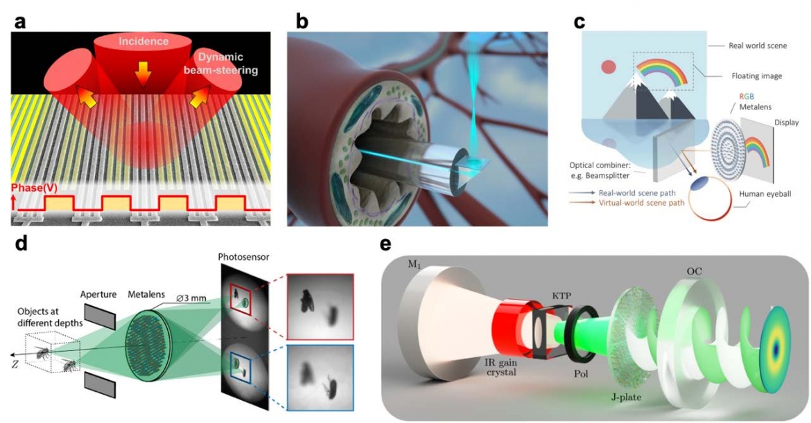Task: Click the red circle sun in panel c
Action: [609, 68]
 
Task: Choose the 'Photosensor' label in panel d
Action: [244, 258]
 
